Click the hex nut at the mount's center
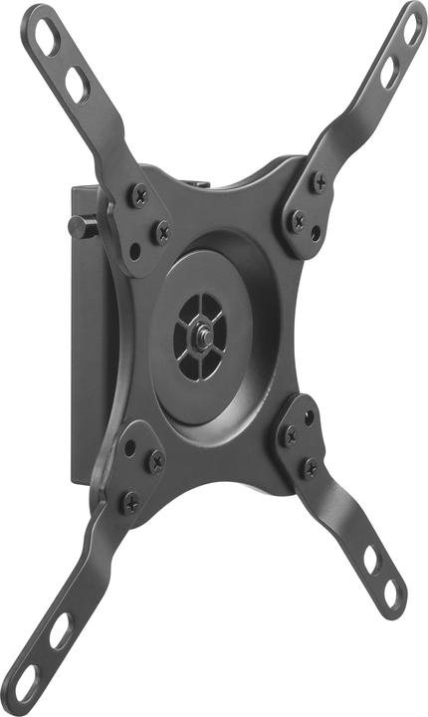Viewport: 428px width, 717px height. coord(202,336)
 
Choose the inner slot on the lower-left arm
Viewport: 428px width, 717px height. coord(61,630)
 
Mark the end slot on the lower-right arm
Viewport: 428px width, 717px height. coord(391,595)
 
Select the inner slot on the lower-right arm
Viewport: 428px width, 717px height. coord(370,560)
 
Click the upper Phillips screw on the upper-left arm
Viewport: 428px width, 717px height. coord(139,196)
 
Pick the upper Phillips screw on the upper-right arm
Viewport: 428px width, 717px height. coord(320,182)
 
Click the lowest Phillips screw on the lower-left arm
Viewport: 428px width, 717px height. coord(130,503)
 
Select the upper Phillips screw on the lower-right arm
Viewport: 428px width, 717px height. coord(291,435)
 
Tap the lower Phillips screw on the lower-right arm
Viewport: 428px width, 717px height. coord(311,467)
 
